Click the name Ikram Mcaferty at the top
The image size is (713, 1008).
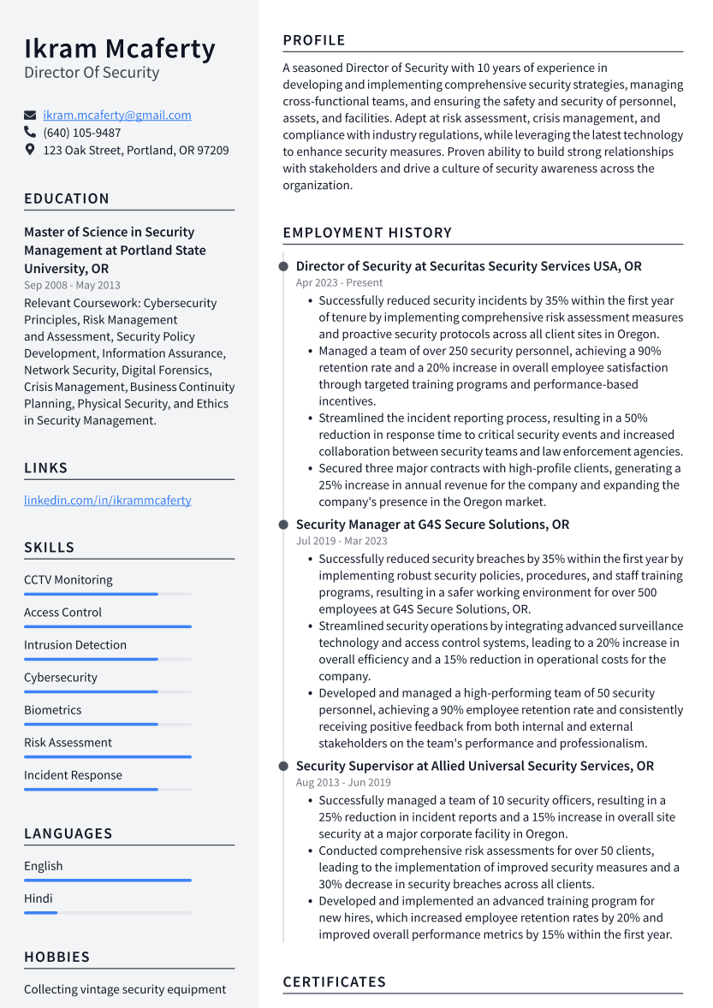[120, 49]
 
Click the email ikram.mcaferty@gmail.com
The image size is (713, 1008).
[117, 115]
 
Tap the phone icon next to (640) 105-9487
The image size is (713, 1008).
[30, 133]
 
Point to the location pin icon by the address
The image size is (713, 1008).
[30, 150]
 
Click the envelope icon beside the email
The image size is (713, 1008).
[30, 116]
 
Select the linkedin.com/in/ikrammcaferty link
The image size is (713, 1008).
[107, 500]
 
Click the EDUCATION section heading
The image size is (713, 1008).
[67, 199]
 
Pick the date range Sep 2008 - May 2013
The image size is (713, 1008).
[72, 285]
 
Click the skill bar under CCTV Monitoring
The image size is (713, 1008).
[91, 594]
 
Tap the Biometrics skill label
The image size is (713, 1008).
[53, 710]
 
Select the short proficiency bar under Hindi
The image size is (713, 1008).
[40, 913]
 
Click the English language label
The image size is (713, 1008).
[44, 866]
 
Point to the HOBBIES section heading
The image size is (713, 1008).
[57, 957]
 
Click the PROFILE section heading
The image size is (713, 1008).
[314, 40]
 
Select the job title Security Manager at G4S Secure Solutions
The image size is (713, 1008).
[432, 525]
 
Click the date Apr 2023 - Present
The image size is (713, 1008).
[339, 282]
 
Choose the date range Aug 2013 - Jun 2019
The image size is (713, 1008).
[343, 782]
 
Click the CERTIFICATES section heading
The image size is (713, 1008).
[335, 981]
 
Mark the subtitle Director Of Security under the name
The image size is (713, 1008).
[92, 73]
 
